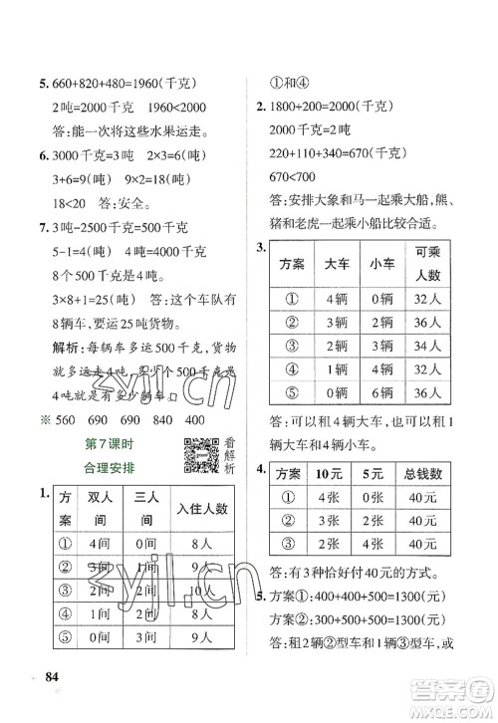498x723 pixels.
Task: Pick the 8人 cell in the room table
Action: (202, 546)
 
